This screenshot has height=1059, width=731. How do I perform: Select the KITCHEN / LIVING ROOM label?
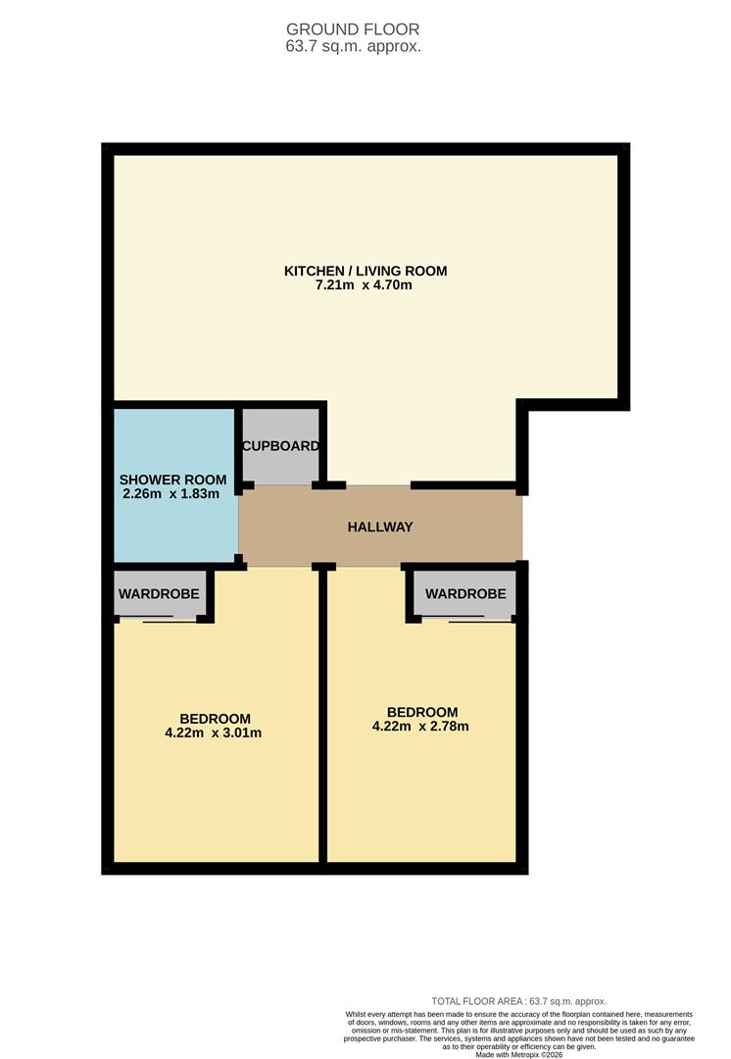[x=365, y=271]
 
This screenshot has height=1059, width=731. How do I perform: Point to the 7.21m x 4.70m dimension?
[x=364, y=285]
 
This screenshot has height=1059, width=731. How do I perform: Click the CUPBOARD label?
[x=281, y=446]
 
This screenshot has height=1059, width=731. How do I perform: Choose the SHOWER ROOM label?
[x=172, y=479]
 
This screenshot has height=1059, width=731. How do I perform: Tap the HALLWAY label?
[x=380, y=527]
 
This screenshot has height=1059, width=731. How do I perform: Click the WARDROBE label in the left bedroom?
[x=159, y=594]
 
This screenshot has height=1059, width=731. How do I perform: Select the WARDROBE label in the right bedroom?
[x=465, y=594]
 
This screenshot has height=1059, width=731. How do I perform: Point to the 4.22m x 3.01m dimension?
[x=215, y=732]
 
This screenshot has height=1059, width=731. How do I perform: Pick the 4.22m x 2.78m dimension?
[x=422, y=727]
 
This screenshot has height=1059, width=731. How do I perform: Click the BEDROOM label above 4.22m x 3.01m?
[x=215, y=718]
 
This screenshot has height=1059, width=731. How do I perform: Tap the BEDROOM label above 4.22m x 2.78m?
[x=422, y=712]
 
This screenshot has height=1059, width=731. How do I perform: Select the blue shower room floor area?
[x=174, y=529]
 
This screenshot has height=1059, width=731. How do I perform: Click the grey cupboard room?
[x=281, y=466]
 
